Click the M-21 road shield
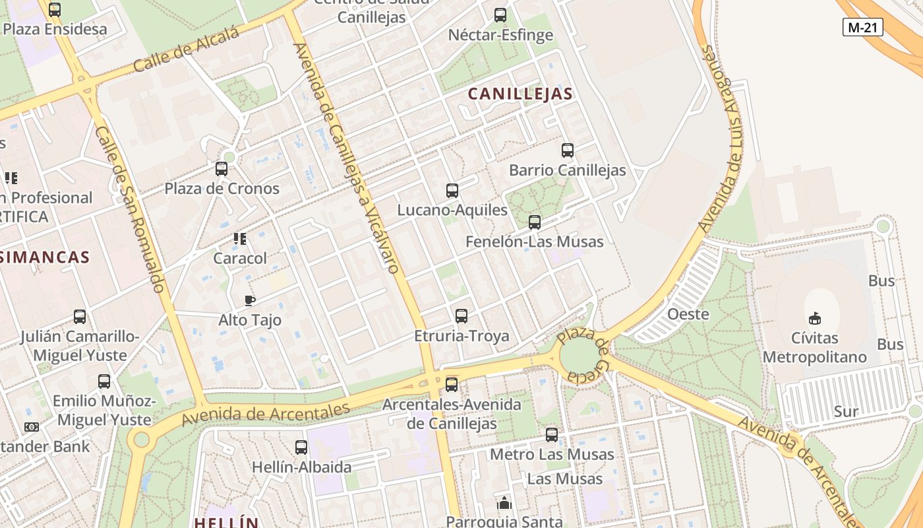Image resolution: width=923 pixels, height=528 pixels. [863, 27]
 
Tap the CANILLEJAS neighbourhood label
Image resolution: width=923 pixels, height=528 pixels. [520, 94]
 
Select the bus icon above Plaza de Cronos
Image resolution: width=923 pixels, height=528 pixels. [222, 169]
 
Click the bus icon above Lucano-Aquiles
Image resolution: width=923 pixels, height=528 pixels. [452, 191]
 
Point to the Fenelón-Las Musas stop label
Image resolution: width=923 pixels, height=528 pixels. [534, 242]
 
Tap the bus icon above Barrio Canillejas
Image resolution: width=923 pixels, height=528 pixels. [568, 150]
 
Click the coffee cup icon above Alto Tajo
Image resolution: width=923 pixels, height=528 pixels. [250, 301]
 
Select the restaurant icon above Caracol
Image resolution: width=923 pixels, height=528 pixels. [240, 238]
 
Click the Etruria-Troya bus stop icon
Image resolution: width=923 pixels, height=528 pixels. [461, 316]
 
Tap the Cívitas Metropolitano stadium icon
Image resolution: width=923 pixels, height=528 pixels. [815, 318]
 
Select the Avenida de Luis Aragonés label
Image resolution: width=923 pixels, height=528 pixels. [726, 139]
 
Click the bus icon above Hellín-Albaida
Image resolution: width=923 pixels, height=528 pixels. [301, 447]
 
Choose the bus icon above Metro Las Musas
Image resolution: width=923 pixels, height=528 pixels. [552, 435]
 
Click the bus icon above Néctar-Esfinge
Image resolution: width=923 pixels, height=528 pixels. [500, 15]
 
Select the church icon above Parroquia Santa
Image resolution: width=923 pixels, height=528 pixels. [504, 504]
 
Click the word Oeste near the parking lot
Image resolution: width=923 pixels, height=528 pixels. [688, 314]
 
